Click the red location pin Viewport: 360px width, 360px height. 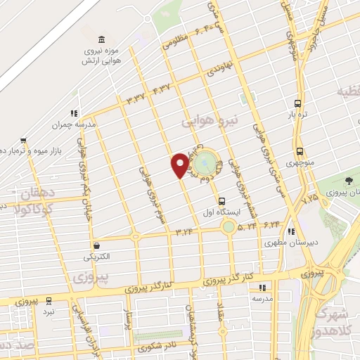coord(180,164)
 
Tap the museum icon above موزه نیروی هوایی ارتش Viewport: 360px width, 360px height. coord(103,38)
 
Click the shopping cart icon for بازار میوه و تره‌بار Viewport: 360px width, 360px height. coord(23,139)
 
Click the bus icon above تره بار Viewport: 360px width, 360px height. coord(298,101)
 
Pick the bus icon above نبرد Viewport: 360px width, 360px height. coord(49,298)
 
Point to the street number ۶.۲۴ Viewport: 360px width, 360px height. coord(272,224)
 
